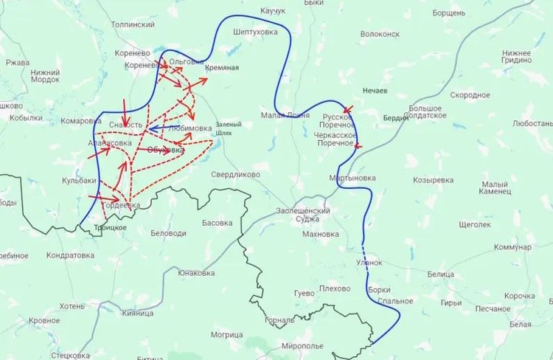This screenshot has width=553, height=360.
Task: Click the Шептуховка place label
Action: pos(255,32)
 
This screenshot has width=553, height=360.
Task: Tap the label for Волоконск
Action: pos(380,34)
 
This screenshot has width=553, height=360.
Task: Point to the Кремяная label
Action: pos(223,68)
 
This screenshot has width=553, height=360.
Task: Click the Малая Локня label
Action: pos(284,115)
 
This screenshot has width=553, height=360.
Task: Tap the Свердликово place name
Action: pos(236,175)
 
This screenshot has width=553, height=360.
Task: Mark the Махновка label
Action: pos(320,235)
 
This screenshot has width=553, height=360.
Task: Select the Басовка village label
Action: pos(217,223)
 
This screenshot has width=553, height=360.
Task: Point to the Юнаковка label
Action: pos(196,273)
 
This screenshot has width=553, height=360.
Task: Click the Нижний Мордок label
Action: pos(46,75)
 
